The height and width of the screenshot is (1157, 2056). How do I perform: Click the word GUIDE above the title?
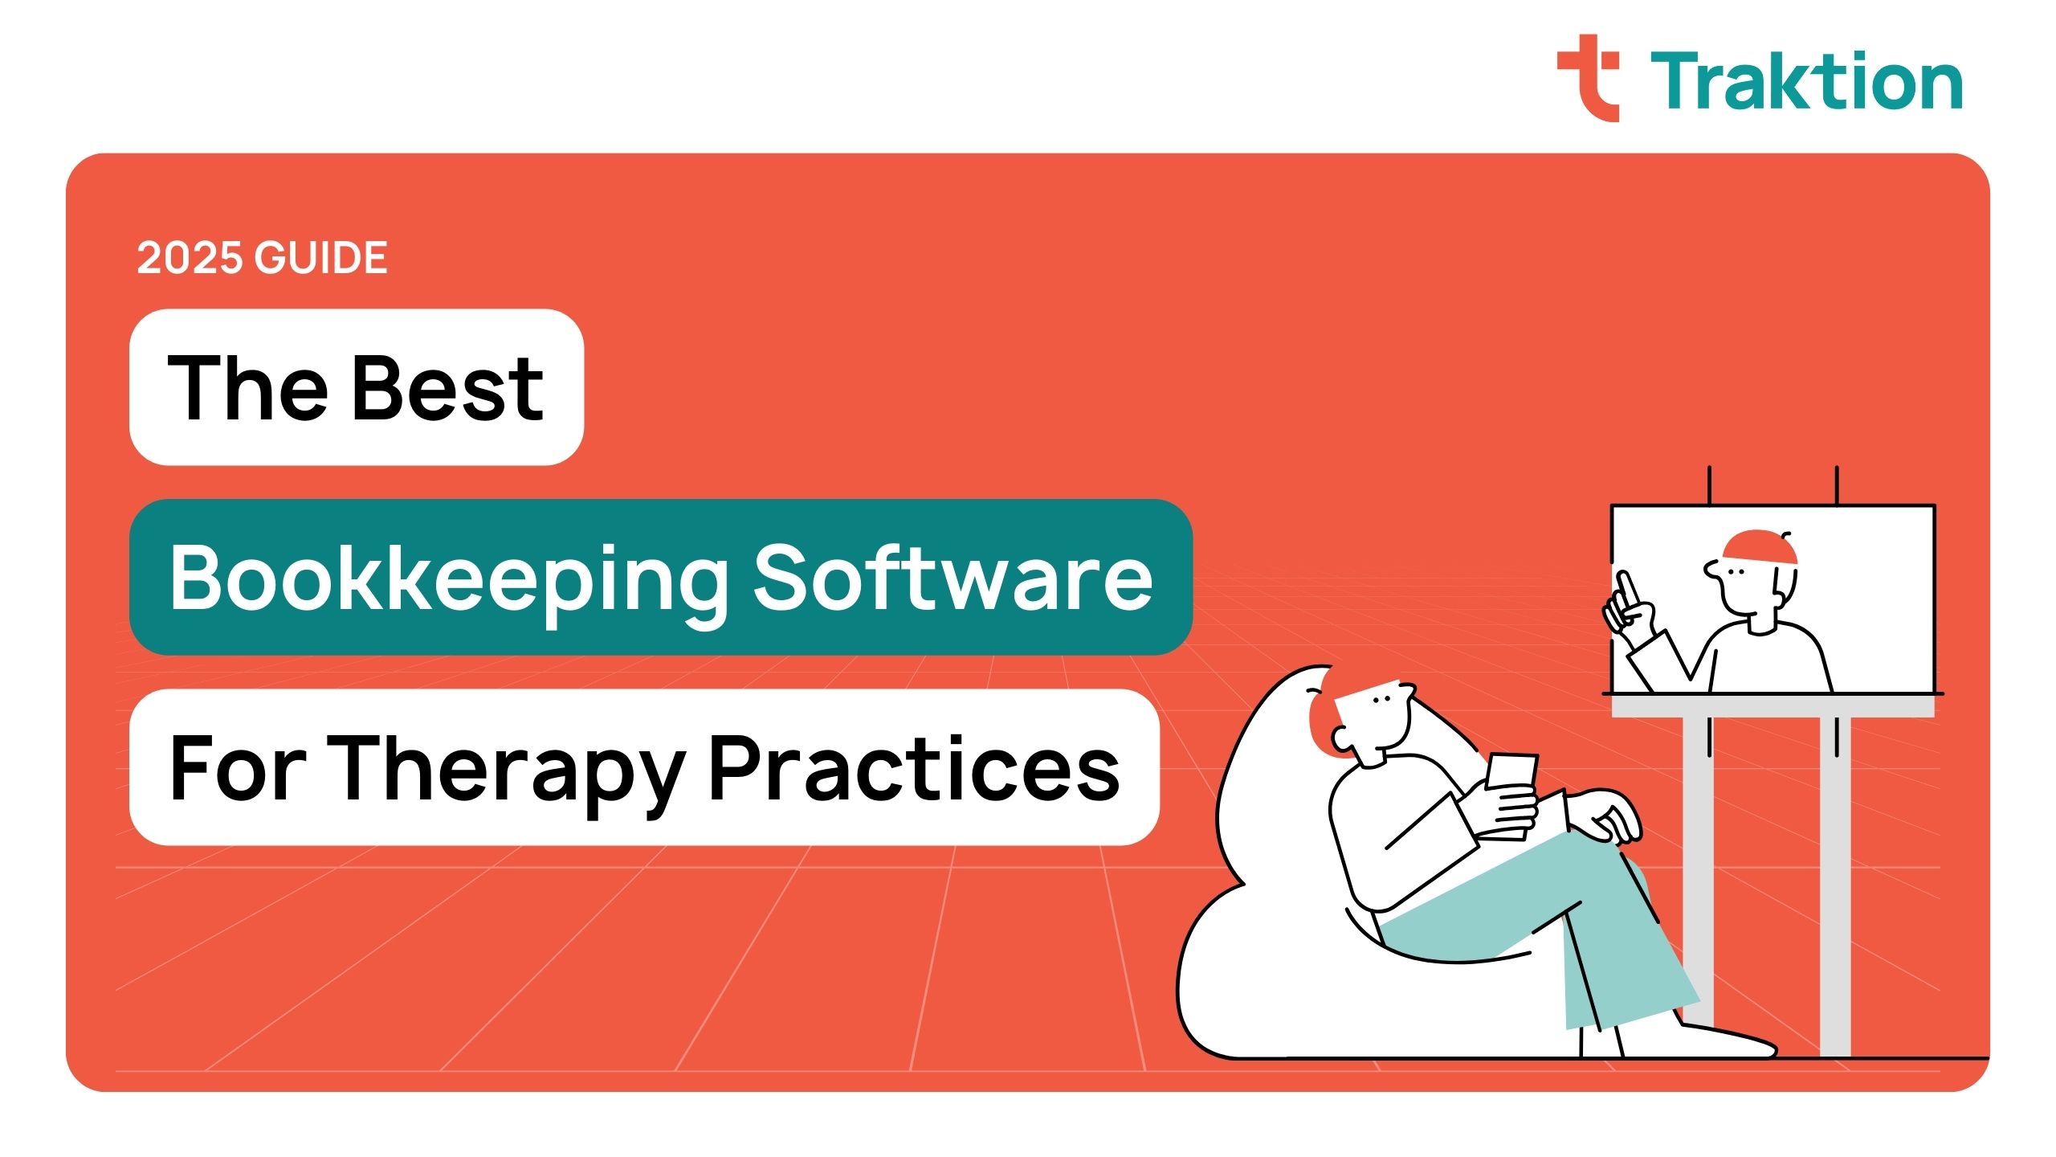(321, 259)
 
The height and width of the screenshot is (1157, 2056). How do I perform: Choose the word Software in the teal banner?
(953, 577)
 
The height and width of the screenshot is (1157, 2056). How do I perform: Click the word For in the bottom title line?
(237, 768)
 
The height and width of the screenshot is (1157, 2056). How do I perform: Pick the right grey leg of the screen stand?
(1835, 884)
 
